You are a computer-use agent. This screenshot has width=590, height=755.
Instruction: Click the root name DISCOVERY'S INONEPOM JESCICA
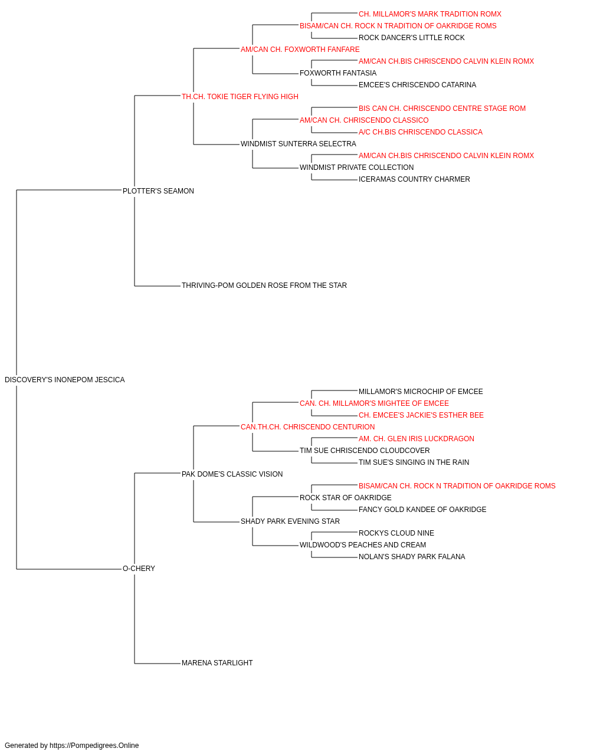coord(65,380)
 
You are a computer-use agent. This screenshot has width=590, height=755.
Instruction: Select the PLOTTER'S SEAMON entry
coord(158,191)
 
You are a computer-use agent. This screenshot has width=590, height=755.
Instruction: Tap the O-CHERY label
coord(139,569)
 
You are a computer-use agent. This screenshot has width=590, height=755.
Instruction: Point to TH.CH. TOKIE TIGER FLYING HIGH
coord(240,97)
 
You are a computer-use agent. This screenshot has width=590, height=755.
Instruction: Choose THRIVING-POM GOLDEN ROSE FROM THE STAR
coord(264,285)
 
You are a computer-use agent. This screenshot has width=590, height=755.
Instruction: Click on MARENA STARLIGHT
coord(217,663)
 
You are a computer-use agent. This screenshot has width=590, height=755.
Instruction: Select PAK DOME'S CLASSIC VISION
coord(232,474)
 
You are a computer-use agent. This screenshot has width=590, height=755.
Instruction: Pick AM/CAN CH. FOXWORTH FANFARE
coord(300,50)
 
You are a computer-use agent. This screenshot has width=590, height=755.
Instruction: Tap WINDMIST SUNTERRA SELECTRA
coord(298,144)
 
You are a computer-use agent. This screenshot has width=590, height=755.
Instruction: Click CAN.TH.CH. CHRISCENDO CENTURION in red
coord(307,426)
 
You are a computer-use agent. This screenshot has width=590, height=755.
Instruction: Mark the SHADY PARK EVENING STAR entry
coord(290,521)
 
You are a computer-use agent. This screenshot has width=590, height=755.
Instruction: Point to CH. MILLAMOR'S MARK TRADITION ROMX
coord(430,14)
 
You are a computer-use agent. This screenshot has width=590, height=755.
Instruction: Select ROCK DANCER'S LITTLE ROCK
coord(411,38)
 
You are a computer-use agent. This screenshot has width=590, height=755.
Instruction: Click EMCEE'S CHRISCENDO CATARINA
coord(417,85)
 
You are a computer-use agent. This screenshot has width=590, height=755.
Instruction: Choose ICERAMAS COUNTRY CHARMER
coord(414,179)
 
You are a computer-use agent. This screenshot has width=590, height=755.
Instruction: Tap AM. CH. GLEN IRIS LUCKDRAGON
coord(417,438)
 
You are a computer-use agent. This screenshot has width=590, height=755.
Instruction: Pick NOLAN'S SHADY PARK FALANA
coord(412,557)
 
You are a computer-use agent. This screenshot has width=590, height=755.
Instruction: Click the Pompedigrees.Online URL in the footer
coord(94,746)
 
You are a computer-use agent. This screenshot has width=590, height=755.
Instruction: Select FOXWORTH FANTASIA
coord(338,73)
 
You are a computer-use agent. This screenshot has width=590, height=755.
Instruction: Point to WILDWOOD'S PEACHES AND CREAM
coord(363,545)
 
